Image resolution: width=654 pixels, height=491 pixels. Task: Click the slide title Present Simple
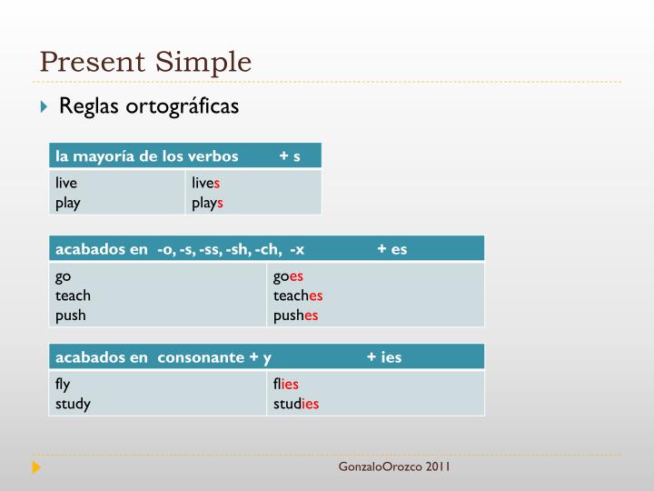point(145,62)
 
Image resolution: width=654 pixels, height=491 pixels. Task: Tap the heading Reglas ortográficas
point(148,106)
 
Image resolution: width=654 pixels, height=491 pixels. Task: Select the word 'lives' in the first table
point(206,183)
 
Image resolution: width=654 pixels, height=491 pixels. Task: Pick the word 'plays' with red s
point(207,203)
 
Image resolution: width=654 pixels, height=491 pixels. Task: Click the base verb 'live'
point(66,183)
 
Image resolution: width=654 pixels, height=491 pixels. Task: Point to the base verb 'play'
point(67,203)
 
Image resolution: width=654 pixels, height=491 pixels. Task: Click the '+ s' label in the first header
point(290,155)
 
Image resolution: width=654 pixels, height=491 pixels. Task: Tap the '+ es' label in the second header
point(391,248)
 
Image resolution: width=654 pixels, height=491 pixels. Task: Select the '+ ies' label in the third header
point(383,356)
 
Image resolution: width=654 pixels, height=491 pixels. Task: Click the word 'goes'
point(288,276)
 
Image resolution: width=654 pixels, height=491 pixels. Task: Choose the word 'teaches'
point(298,296)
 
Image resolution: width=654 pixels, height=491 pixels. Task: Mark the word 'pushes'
point(295,316)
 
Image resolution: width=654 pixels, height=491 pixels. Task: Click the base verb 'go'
point(63,276)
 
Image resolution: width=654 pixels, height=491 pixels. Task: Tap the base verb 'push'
point(71,316)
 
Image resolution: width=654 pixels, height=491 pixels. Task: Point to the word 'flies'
point(285,384)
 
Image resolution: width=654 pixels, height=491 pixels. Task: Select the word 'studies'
point(296,404)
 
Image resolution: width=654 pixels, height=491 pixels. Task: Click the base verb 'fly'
point(63,384)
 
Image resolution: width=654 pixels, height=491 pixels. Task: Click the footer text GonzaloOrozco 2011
point(394,467)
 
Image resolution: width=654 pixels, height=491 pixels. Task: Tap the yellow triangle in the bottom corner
point(36,467)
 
